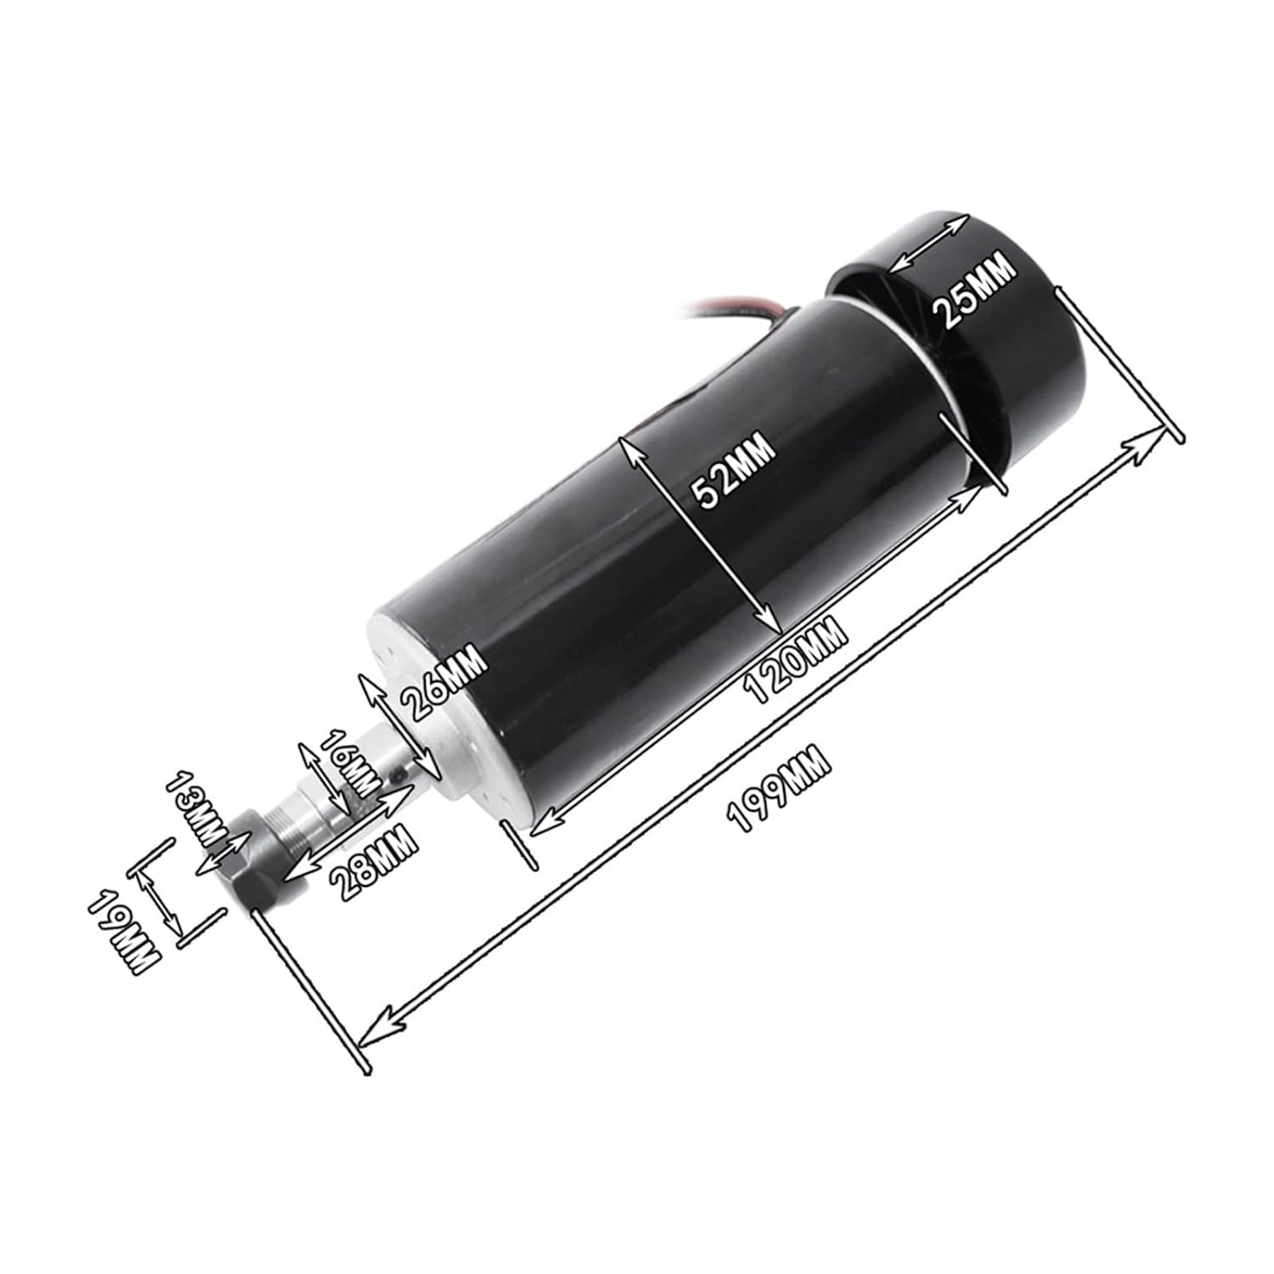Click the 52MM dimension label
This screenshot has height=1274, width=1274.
[x=733, y=470]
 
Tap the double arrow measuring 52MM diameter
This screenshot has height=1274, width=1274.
[x=701, y=535]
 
